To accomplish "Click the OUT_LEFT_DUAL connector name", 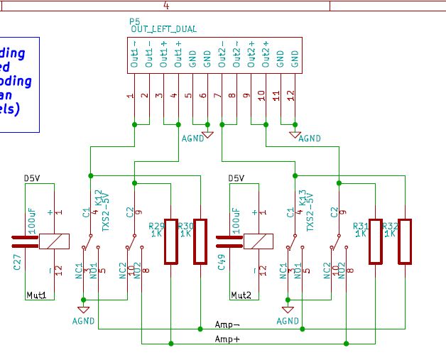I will pyautogui.click(x=164, y=29).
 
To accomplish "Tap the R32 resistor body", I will pyautogui.click(x=406, y=242).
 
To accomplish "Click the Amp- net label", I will pyautogui.click(x=227, y=324).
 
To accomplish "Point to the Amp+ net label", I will pyautogui.click(x=227, y=339).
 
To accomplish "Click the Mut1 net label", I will pyautogui.click(x=36, y=295).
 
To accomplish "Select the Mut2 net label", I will pyautogui.click(x=242, y=295).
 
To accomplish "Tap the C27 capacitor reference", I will pyautogui.click(x=18, y=266).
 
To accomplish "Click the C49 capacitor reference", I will pyautogui.click(x=222, y=265).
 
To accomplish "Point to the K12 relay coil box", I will pyautogui.click(x=54, y=241).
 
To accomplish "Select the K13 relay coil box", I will pyautogui.click(x=259, y=241).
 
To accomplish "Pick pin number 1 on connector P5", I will pyautogui.click(x=131, y=96).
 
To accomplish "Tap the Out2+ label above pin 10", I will pyautogui.click(x=266, y=55).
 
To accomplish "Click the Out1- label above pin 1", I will pyautogui.click(x=134, y=55).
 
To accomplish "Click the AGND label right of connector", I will pyautogui.click(x=310, y=138).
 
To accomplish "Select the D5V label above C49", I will pyautogui.click(x=237, y=178).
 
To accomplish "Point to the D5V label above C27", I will pyautogui.click(x=33, y=178).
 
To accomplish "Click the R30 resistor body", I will pyautogui.click(x=200, y=242).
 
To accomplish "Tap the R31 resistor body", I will pyautogui.click(x=375, y=242).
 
